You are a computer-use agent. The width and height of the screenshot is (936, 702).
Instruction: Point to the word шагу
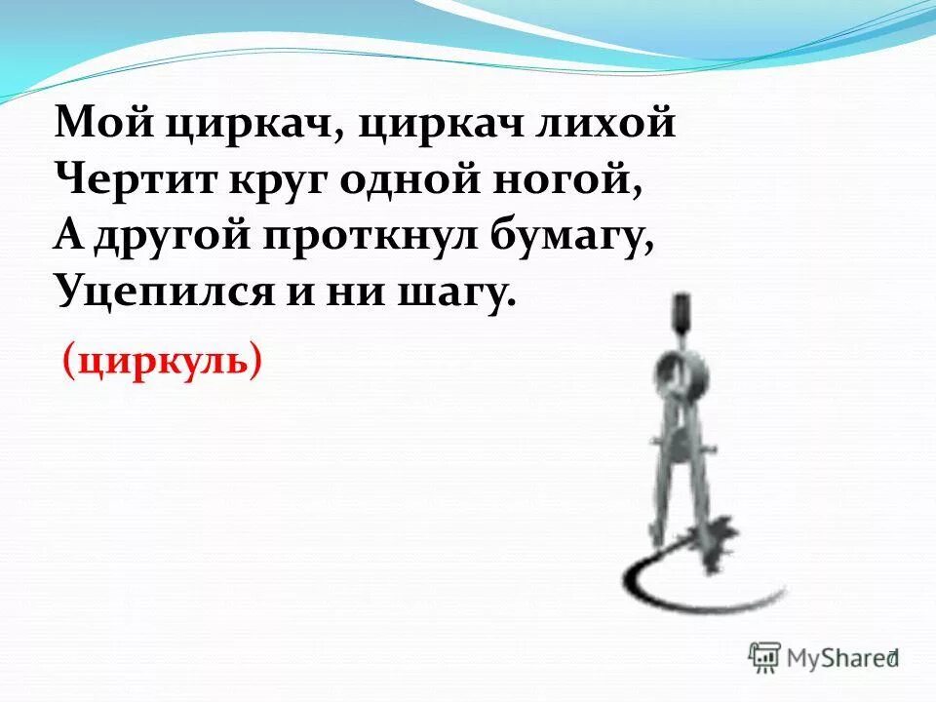453,292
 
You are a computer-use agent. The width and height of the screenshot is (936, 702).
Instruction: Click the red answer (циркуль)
163,362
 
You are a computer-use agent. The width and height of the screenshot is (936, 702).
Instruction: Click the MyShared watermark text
837,658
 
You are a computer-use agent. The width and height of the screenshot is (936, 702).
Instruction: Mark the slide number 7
890,658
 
